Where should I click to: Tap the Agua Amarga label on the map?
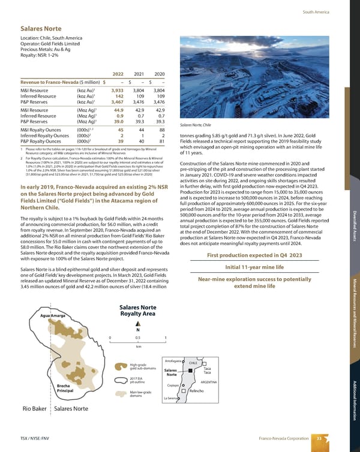coord(53,316)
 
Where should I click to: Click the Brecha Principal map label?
coord(65,389)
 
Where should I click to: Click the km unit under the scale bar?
coord(138,346)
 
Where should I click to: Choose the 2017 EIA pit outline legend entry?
coord(138,379)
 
